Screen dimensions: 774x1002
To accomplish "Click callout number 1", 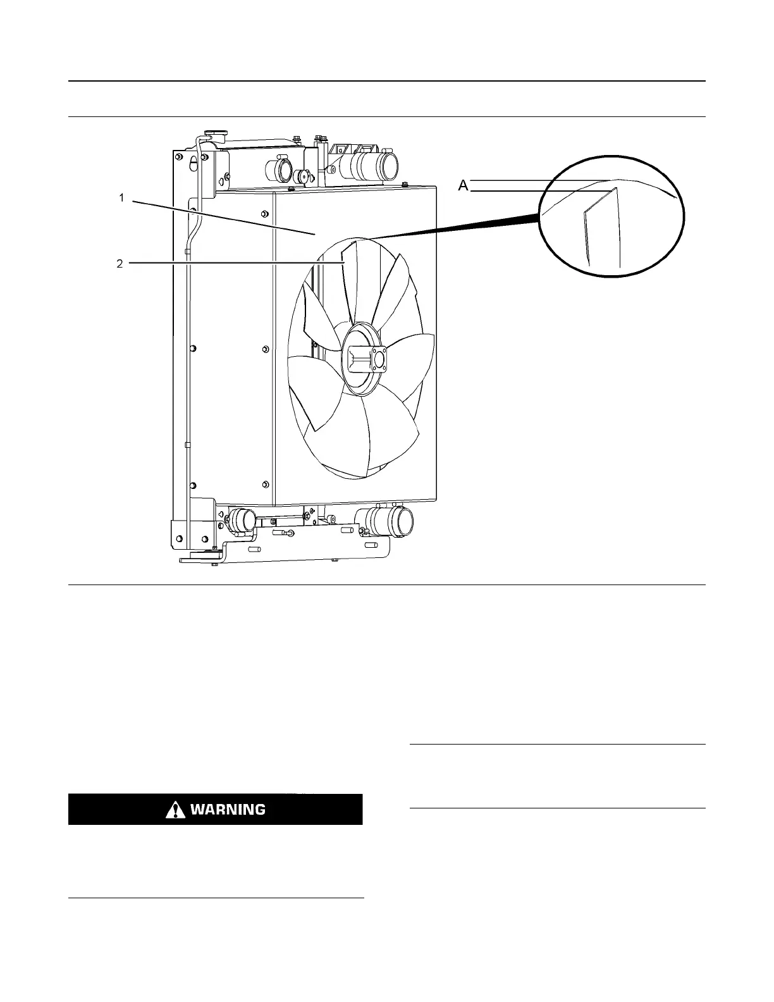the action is pyautogui.click(x=121, y=198).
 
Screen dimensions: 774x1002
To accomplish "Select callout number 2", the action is pyautogui.click(x=120, y=264).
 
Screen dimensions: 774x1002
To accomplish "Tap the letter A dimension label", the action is pyautogui.click(x=463, y=185).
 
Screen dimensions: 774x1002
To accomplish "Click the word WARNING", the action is pyautogui.click(x=228, y=809).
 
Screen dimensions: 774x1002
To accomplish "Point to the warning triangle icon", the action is pyautogui.click(x=171, y=810).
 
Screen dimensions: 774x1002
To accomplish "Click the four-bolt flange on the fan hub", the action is pyautogui.click(x=379, y=359).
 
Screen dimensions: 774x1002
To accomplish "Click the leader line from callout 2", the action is pyautogui.click(x=234, y=263).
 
